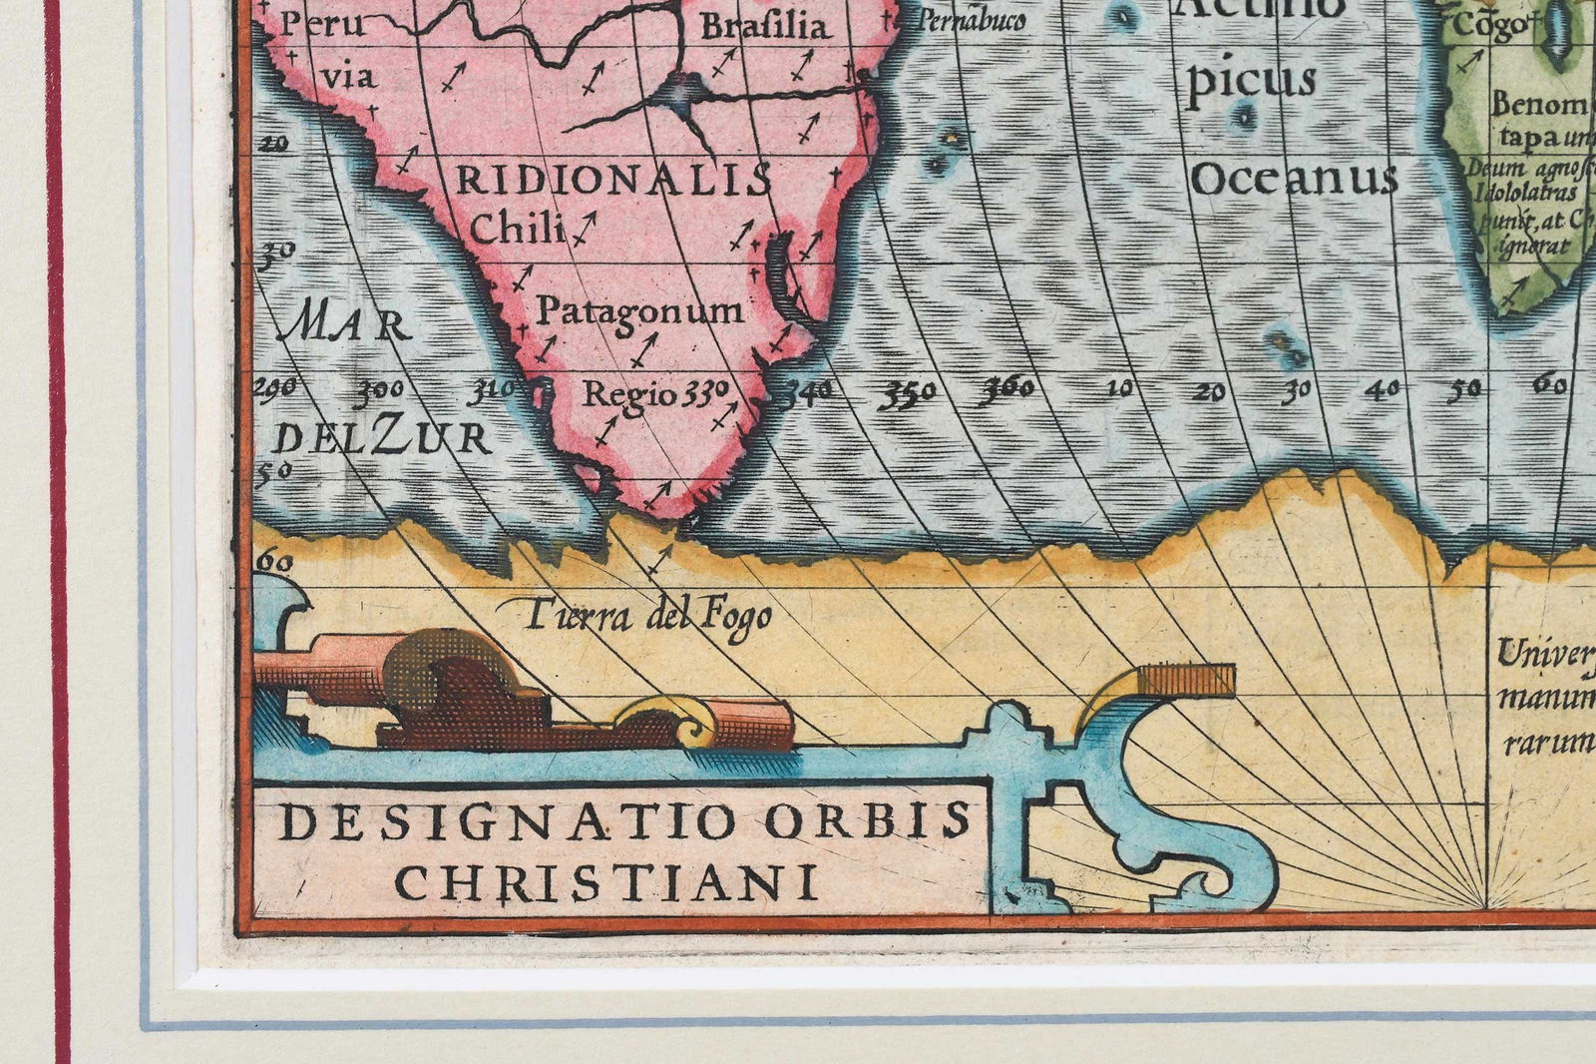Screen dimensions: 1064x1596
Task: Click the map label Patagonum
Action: point(639,311)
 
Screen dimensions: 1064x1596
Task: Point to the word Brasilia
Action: point(765,26)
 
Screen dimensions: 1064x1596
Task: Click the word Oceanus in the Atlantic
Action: point(1294,180)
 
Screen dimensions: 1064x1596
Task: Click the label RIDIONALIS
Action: point(613,181)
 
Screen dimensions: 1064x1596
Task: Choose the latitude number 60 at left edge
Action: point(274,563)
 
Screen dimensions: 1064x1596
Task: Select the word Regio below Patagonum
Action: point(629,393)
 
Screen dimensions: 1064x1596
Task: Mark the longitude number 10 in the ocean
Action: point(1121,388)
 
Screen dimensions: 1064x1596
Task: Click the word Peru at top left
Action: point(308,24)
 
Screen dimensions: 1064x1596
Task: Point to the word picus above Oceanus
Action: point(1251,80)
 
